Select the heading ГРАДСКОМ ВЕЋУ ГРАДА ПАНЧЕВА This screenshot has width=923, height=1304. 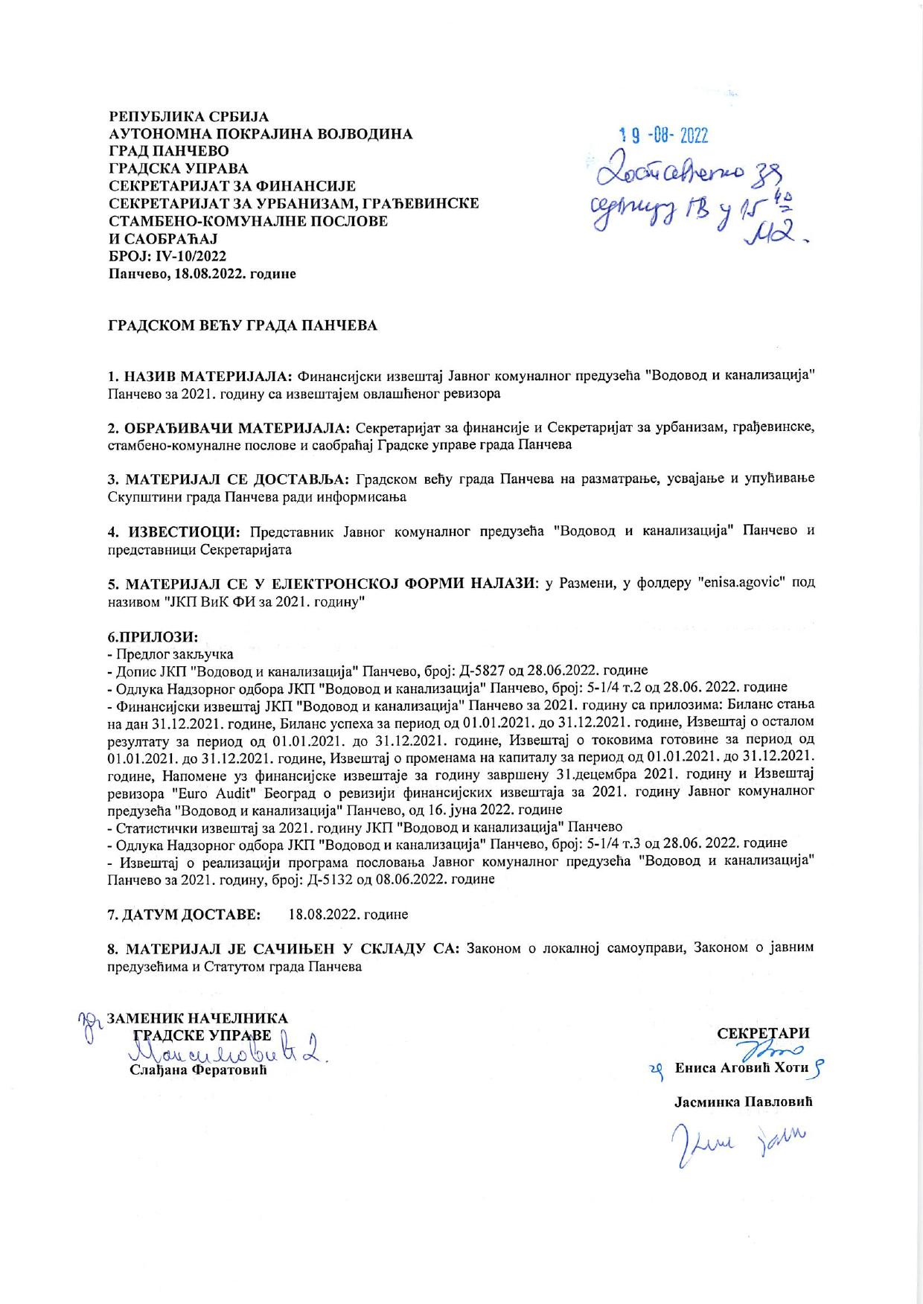[243, 326]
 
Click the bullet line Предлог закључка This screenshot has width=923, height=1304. [170, 654]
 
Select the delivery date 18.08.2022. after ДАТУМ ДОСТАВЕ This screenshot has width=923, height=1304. [348, 913]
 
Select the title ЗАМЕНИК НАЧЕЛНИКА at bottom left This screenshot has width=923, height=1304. [198, 1018]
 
